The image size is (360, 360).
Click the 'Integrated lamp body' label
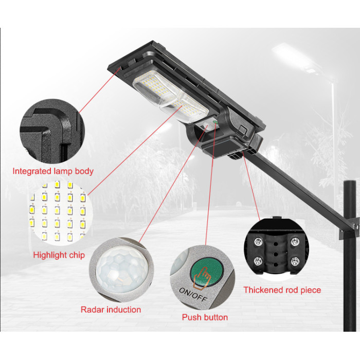(53, 171)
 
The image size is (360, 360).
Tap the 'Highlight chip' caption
(59, 255)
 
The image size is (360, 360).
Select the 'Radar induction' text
(111, 310)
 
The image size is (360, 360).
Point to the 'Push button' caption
(205, 317)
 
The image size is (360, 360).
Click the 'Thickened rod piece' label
(282, 290)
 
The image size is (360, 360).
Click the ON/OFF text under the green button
(193, 295)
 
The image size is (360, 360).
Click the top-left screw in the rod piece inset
(258, 242)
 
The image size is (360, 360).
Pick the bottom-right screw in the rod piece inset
(295, 261)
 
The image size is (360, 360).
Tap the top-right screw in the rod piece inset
(295, 242)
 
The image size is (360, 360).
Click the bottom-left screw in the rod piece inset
(258, 261)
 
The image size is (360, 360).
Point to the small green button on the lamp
(215, 122)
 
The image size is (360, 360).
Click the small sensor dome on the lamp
(206, 125)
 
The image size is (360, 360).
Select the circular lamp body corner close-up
(52, 131)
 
